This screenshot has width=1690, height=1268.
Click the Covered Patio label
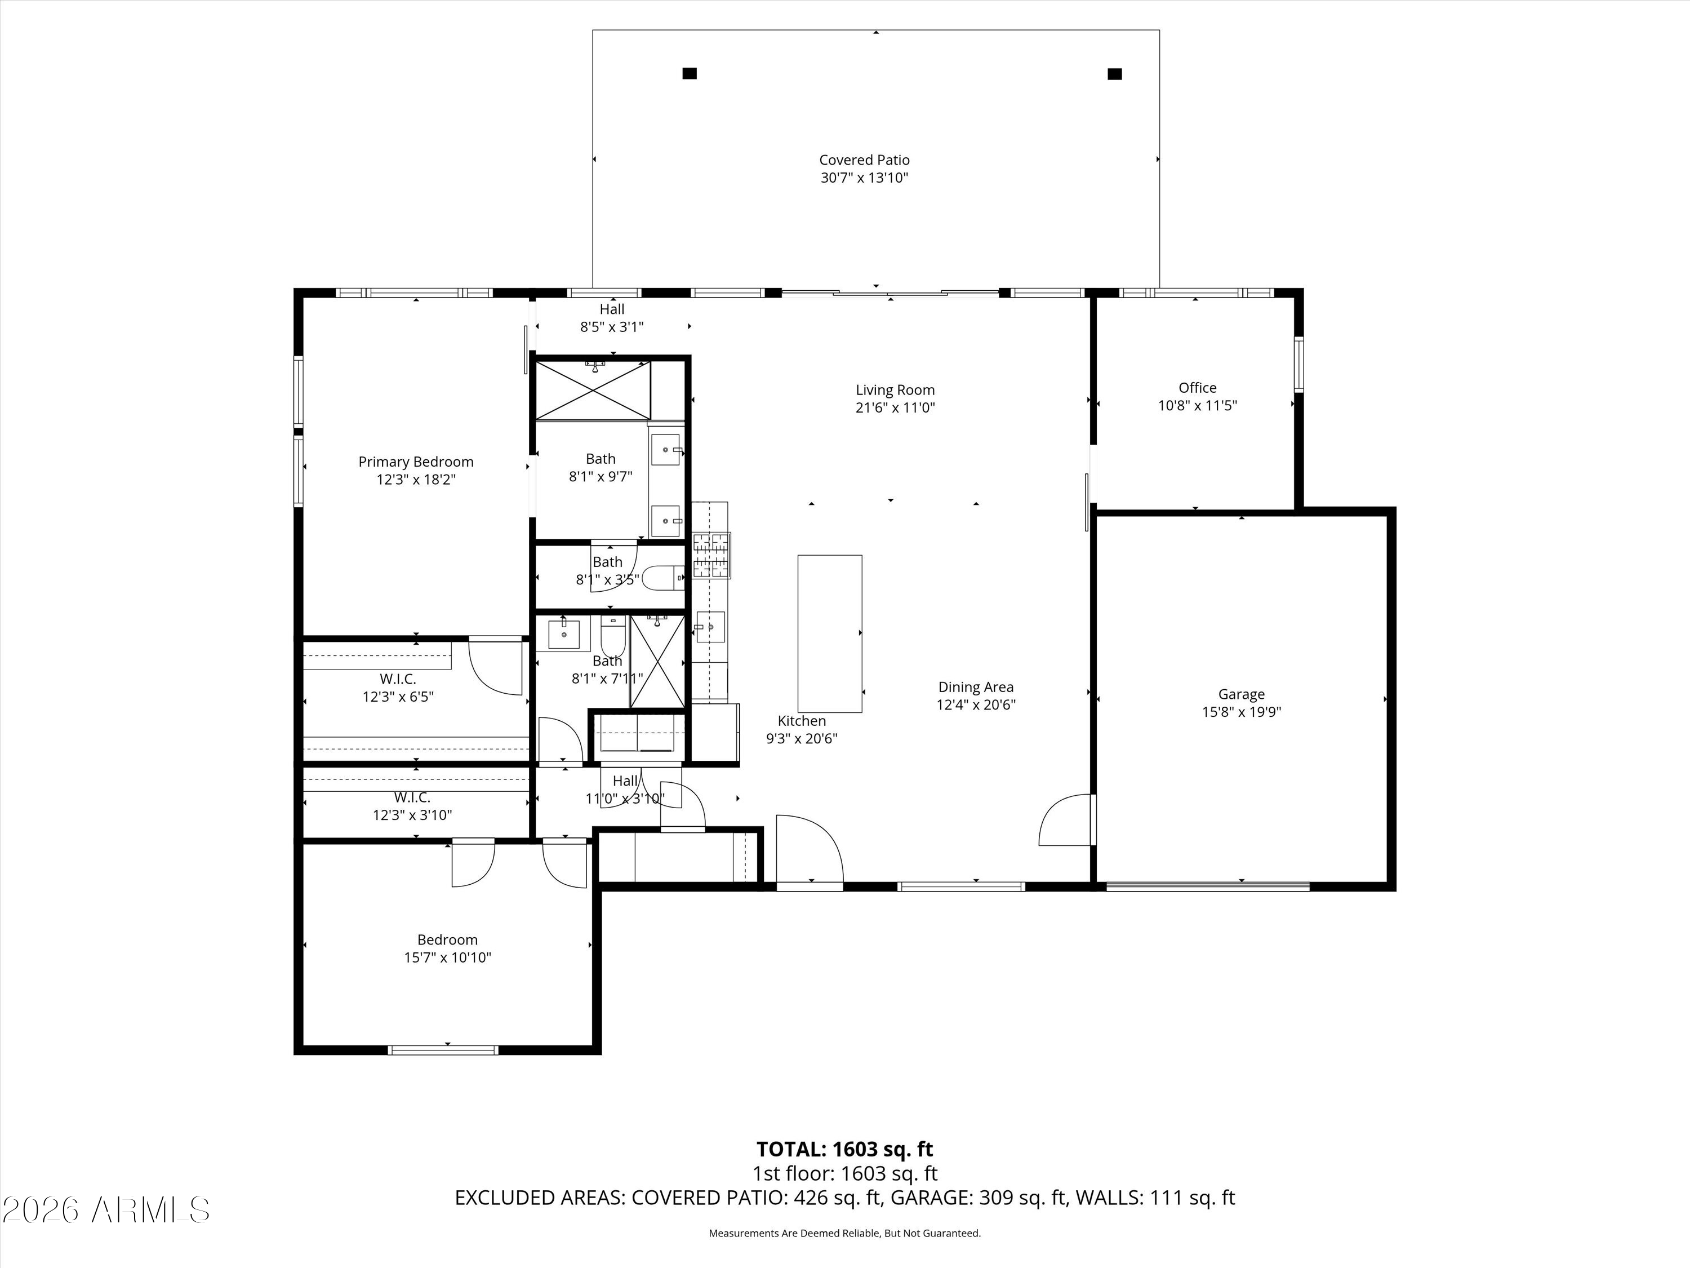(864, 159)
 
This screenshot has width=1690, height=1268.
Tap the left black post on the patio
(689, 73)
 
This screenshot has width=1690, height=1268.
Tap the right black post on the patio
(1115, 74)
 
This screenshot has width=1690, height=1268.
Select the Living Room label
(895, 390)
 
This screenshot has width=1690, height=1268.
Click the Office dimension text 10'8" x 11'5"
(1197, 406)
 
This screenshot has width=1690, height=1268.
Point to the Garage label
(1242, 694)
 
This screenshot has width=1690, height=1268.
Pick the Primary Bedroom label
(416, 462)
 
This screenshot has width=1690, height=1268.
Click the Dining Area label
(976, 687)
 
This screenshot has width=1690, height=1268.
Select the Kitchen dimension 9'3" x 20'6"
(802, 738)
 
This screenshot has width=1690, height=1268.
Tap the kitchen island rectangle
(830, 633)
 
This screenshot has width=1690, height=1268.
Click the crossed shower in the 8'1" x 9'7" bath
(593, 390)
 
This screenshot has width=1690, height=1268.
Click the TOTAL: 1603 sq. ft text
(844, 1150)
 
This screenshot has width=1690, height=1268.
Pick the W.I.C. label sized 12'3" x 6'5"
(398, 679)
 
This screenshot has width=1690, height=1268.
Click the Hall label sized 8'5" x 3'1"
(611, 309)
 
